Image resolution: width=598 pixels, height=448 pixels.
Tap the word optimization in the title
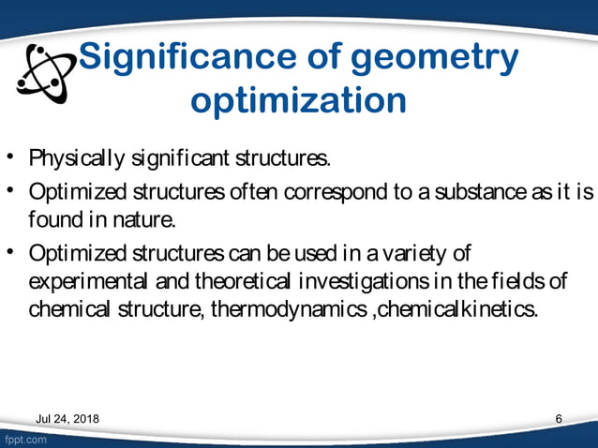click(298, 99)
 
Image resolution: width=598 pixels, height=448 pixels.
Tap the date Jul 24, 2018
click(67, 418)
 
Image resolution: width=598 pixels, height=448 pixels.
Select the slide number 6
click(559, 418)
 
